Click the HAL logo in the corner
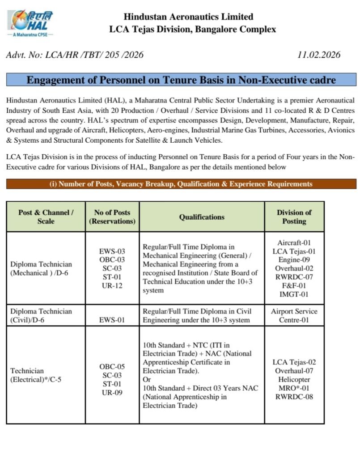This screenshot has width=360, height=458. [30, 23]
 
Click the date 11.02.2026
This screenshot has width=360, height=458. [318, 55]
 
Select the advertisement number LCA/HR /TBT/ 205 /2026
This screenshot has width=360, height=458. [75, 55]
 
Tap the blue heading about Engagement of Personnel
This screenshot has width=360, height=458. [181, 81]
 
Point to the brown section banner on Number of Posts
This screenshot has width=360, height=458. [181, 184]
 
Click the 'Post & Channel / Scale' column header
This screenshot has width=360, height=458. [46, 216]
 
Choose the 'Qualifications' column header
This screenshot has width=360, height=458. [202, 217]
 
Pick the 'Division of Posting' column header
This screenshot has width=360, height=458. [294, 216]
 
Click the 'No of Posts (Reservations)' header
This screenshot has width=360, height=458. [112, 216]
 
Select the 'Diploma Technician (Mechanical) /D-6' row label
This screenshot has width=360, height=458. [41, 268]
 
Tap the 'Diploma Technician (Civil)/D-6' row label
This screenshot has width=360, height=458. [41, 315]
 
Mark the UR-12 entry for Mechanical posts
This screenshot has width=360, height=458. [112, 285]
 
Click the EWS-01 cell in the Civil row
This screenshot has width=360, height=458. [112, 320]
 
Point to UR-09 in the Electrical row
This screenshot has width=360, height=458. [112, 393]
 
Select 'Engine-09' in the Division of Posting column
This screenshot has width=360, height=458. [294, 260]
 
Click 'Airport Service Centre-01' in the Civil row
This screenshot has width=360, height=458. [294, 315]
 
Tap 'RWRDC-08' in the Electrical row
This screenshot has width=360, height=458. [294, 396]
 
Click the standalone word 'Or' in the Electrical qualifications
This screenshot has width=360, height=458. [147, 379]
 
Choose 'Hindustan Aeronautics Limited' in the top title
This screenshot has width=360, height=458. [188, 17]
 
